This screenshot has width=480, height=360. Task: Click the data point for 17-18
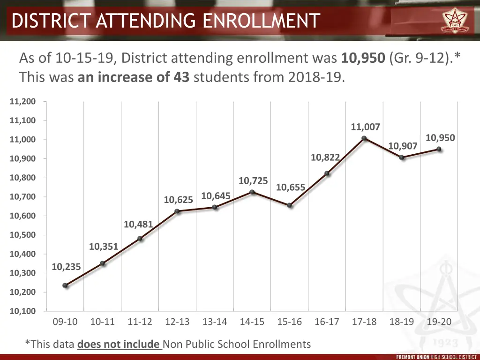(x=364, y=138)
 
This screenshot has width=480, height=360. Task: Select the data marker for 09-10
(x=65, y=285)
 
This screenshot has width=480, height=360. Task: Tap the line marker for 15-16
(x=290, y=205)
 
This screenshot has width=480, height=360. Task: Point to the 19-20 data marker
(x=439, y=149)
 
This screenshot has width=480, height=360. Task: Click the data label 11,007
(x=365, y=127)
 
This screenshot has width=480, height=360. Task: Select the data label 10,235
(x=66, y=267)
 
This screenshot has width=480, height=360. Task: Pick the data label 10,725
(x=253, y=180)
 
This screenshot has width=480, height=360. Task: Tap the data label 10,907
(x=403, y=146)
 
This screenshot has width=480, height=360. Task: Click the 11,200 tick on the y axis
(x=22, y=102)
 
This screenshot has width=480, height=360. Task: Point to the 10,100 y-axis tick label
(x=22, y=311)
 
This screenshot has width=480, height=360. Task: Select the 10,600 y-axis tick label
(x=22, y=216)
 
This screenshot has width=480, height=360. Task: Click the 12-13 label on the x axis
(x=177, y=322)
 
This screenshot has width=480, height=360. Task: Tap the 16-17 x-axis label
(x=327, y=322)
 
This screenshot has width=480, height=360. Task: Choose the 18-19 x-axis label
(x=402, y=322)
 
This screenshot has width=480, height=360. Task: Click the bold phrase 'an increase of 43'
(x=134, y=77)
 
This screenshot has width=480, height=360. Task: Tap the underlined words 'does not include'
(x=119, y=345)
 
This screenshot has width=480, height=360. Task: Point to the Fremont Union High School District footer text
(x=436, y=357)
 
